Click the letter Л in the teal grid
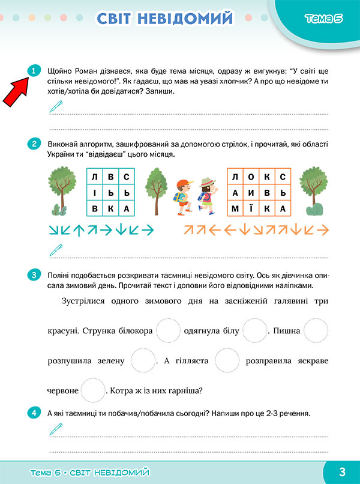(x=95, y=177)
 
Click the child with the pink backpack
(x=206, y=196)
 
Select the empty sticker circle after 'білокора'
(x=168, y=330)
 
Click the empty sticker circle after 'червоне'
(x=93, y=390)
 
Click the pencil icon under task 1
(x=55, y=107)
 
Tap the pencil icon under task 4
(x=55, y=429)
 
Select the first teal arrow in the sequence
(x=53, y=230)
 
